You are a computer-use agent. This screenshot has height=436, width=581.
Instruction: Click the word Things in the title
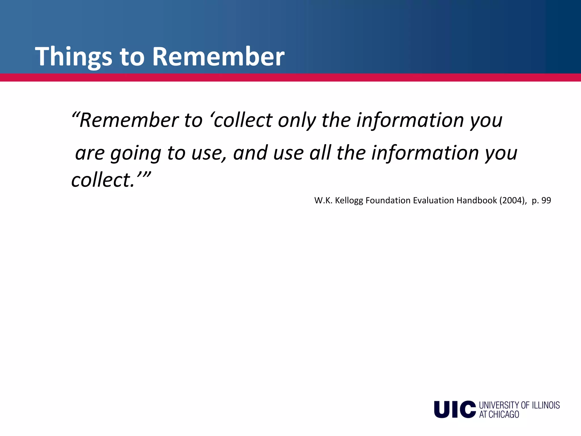tap(73, 57)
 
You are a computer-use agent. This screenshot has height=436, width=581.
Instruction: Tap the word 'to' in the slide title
tap(132, 57)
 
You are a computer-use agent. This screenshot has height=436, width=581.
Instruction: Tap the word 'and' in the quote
tap(250, 153)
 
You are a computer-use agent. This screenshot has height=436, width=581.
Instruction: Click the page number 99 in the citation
tap(546, 200)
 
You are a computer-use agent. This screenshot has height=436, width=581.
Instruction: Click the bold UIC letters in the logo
tap(454, 409)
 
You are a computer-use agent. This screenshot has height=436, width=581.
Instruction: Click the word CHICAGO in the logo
tap(504, 414)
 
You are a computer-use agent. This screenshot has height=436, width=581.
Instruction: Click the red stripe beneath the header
tap(290, 77)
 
